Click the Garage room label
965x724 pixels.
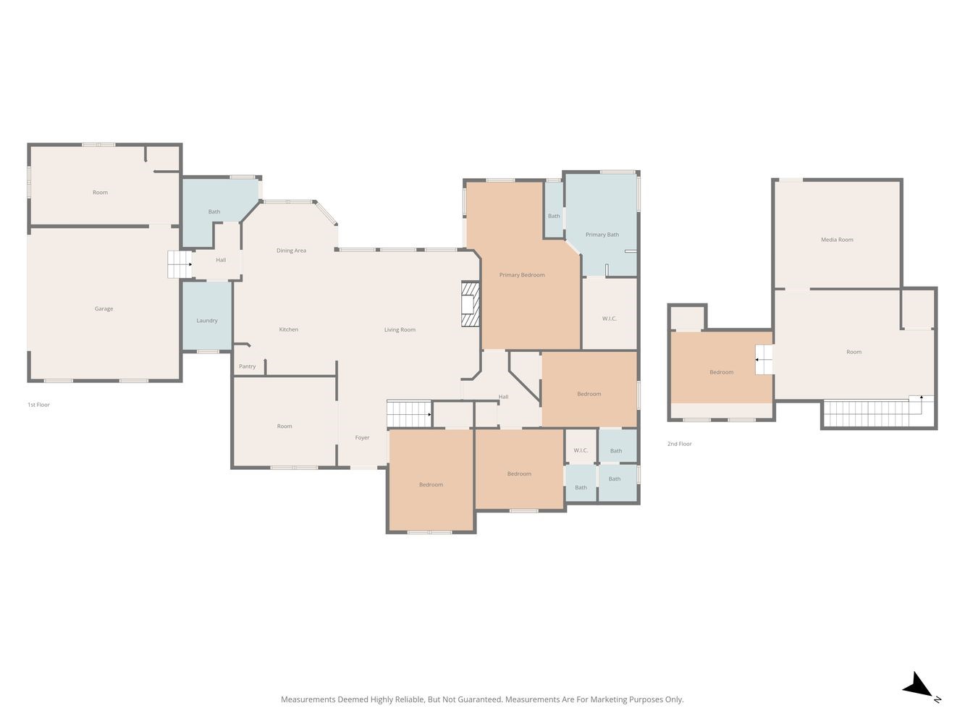click(x=104, y=308)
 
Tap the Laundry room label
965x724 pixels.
click(x=206, y=321)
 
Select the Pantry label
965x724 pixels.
click(x=247, y=366)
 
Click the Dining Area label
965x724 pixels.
click(x=291, y=251)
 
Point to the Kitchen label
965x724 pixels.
click(x=288, y=329)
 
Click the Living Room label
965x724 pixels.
click(x=400, y=329)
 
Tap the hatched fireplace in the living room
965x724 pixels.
click(x=470, y=304)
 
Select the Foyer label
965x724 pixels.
click(x=362, y=437)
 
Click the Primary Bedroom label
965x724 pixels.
click(x=522, y=275)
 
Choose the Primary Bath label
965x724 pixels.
click(x=602, y=235)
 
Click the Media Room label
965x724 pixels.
click(x=837, y=240)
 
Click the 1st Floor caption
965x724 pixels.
click(x=38, y=405)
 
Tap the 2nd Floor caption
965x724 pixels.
click(x=679, y=444)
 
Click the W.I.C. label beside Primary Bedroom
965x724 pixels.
click(x=610, y=319)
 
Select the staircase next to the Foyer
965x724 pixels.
click(x=409, y=413)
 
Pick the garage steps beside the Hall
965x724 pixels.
click(x=180, y=264)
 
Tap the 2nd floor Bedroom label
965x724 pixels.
click(x=722, y=372)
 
